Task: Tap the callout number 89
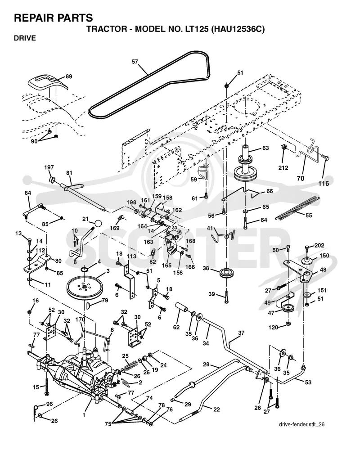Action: point(69,76)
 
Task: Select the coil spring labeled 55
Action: point(298,208)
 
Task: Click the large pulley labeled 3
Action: point(85,287)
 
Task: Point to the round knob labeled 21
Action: point(98,224)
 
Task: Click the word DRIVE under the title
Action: point(25,38)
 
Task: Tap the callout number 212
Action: point(283,167)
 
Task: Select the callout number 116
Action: point(324,184)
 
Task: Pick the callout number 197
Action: point(49,167)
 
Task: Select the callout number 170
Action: point(81,319)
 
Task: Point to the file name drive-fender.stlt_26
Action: point(301,424)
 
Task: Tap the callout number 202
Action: point(319,245)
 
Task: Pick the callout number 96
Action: point(49,404)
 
